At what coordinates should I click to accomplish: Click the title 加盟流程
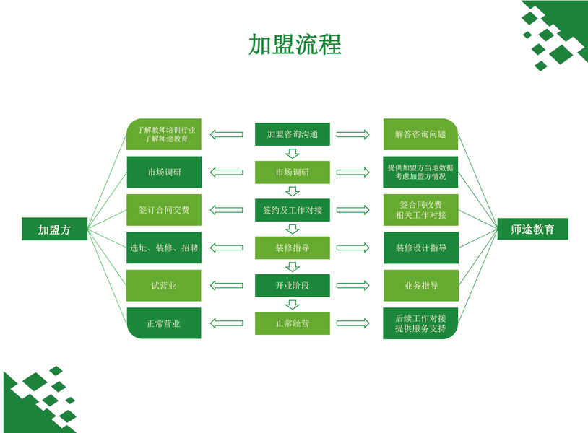tap(294, 45)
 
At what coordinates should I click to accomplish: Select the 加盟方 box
tap(54, 229)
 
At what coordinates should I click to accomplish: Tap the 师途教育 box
tap(532, 229)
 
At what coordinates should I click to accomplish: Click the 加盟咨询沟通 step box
tap(293, 134)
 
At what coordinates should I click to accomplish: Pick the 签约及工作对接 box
tap(293, 210)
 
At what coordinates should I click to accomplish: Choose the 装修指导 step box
tap(293, 248)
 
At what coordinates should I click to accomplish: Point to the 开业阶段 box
tap(293, 286)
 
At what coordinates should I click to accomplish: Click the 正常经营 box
tap(293, 323)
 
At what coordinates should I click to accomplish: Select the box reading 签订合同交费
tap(164, 210)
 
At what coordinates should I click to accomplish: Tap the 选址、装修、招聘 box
tap(164, 248)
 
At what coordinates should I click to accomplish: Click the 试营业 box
tap(164, 286)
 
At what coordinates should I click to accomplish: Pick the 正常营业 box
tap(164, 323)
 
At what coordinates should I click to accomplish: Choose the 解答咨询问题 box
tap(420, 134)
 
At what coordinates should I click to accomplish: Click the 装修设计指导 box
tap(420, 248)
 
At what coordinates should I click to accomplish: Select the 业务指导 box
tap(420, 286)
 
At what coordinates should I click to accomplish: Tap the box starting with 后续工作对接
tap(420, 323)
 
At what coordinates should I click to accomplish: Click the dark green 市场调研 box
tap(164, 172)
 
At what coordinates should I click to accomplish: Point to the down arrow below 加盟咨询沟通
tap(293, 153)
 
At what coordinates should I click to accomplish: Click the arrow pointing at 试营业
tap(226, 286)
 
